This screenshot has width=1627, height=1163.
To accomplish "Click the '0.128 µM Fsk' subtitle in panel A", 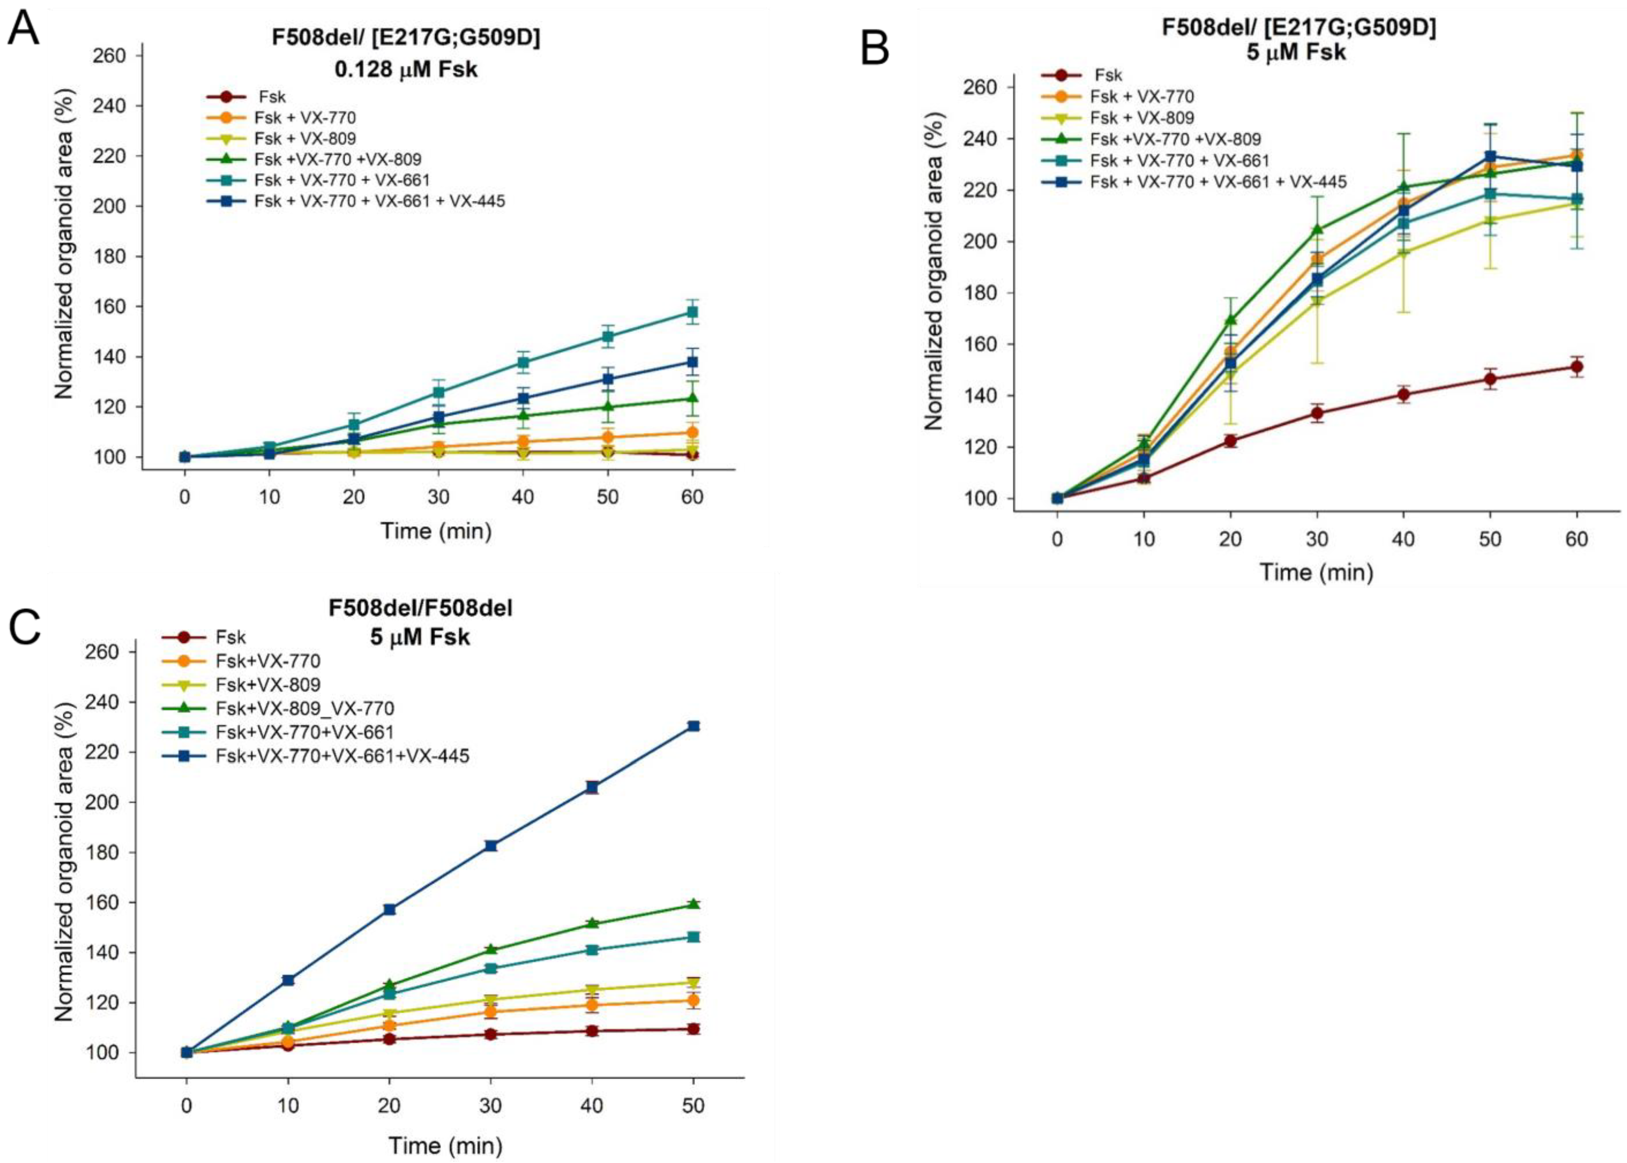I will (x=406, y=70).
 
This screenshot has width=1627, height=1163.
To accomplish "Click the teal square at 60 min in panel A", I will (x=692, y=312).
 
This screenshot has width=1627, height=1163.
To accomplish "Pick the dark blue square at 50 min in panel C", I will (x=693, y=726).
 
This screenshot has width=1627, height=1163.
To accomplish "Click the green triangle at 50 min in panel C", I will (x=693, y=905).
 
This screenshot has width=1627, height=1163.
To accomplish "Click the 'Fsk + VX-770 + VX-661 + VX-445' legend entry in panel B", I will (x=1217, y=182).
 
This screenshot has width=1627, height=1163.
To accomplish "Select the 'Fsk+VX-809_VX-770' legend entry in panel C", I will (x=304, y=708).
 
